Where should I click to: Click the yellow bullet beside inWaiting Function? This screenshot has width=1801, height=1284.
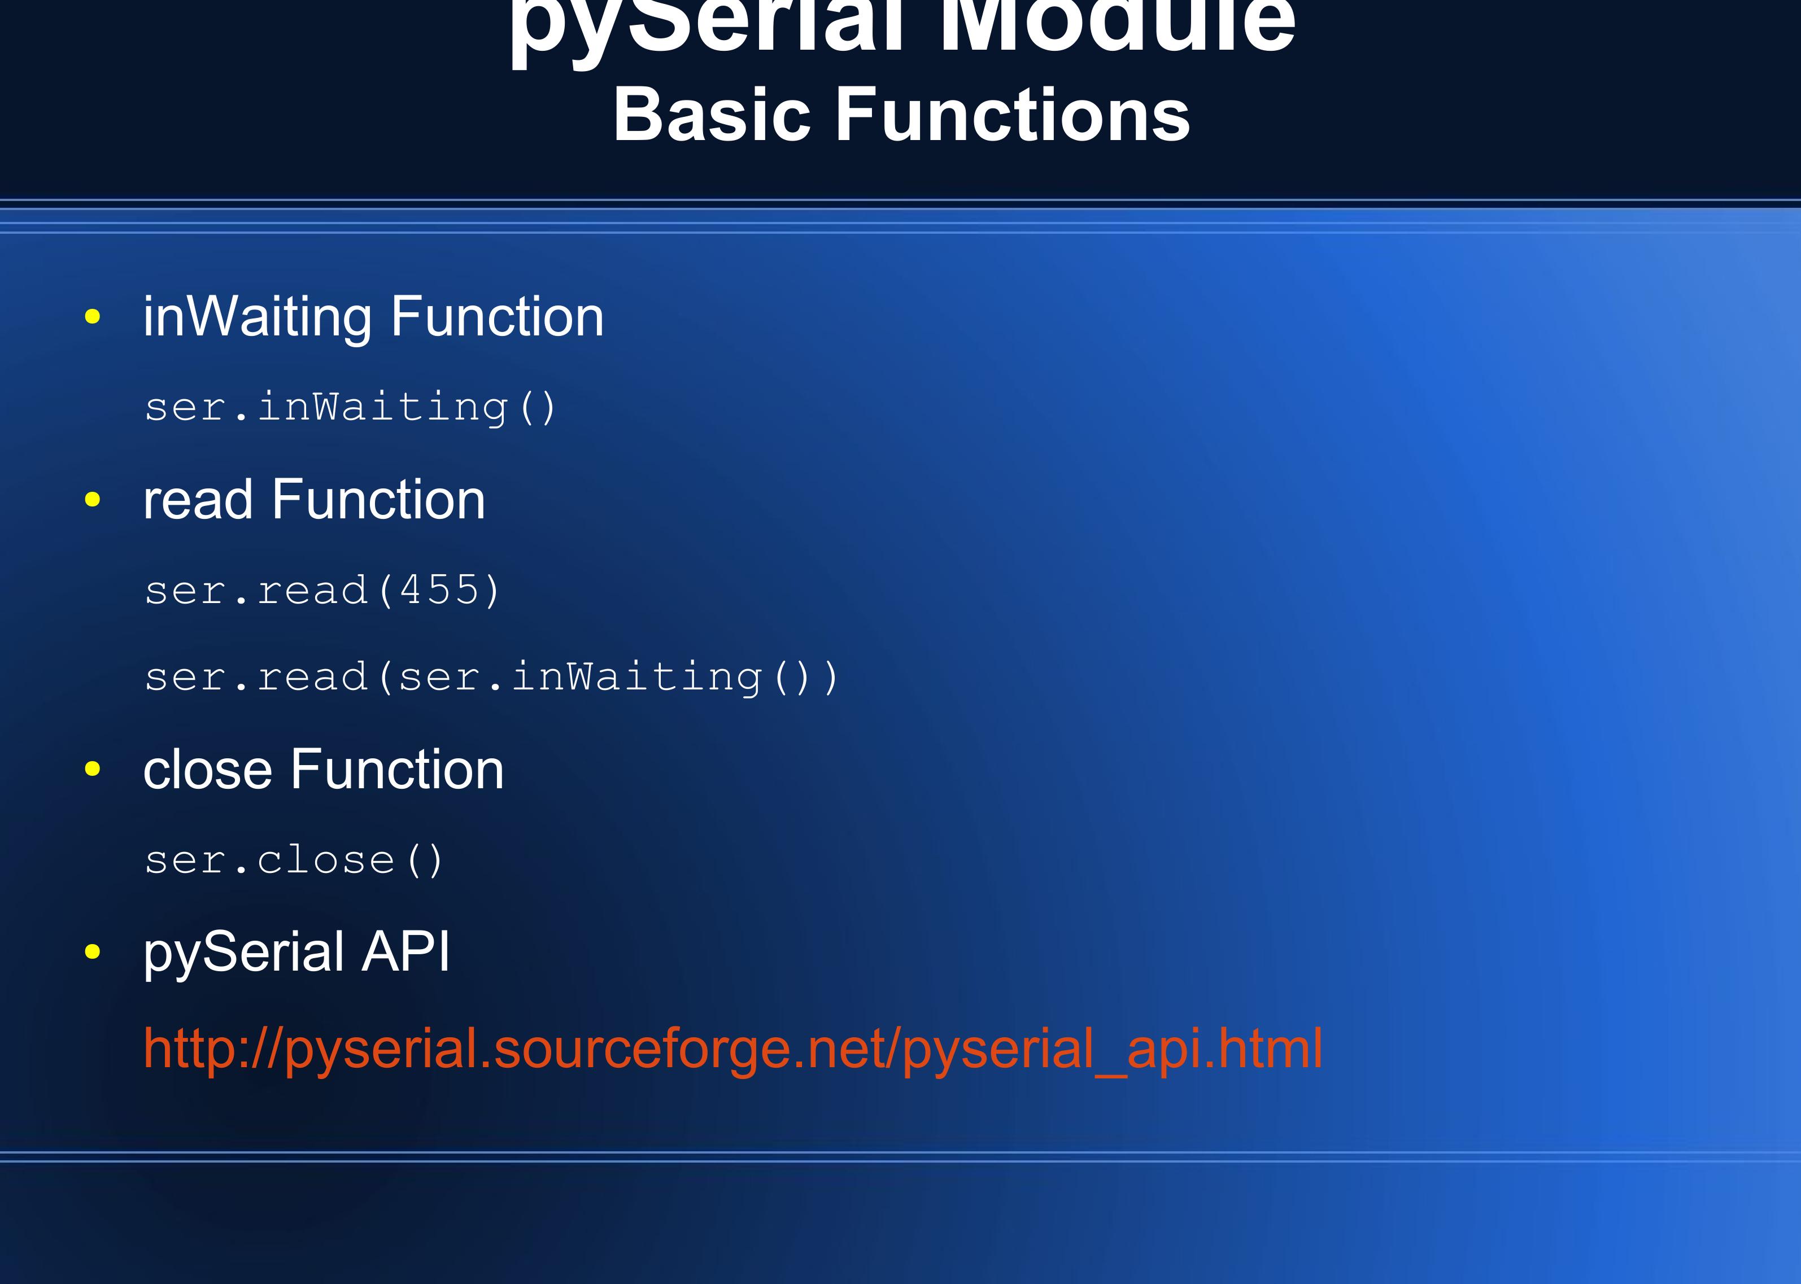coord(93,317)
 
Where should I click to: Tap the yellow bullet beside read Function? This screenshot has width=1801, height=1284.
coord(93,500)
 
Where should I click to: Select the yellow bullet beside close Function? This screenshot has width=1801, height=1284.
coord(93,768)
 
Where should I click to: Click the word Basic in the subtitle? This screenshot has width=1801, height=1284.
coord(712,115)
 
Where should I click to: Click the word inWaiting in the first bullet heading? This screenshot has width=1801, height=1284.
coord(257,317)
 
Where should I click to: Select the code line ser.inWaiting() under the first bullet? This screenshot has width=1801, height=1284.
coord(350,408)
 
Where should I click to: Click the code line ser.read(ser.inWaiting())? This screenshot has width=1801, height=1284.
coord(490,678)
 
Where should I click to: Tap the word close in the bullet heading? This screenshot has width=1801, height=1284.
coord(207,769)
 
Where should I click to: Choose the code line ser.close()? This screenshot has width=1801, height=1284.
coord(293,860)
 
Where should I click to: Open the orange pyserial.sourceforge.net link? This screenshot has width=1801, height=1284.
coord(732,1049)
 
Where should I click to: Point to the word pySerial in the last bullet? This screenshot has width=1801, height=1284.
coord(243,953)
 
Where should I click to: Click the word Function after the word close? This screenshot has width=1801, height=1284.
coord(397,769)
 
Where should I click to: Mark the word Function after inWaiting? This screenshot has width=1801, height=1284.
coord(498,317)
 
